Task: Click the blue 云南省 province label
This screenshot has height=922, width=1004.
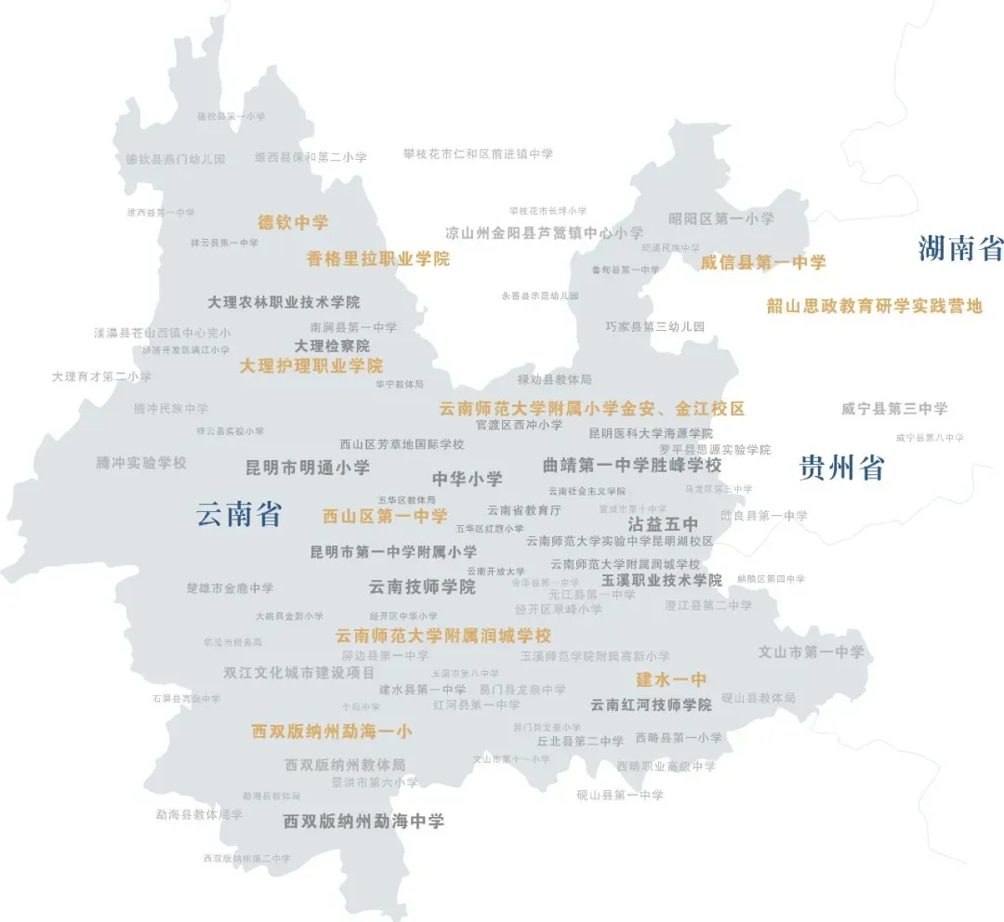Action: [x=239, y=514]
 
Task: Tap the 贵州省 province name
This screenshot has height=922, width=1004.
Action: [x=841, y=468]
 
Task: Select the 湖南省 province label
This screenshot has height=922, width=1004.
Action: [x=960, y=248]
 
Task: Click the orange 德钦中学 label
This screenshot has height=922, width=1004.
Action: [x=293, y=222]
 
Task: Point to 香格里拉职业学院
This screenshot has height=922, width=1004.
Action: [x=378, y=259]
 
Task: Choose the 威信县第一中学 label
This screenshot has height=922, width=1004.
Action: [x=763, y=263]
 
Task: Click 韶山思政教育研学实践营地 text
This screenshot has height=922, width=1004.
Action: [x=874, y=306]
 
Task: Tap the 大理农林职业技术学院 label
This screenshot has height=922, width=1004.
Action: [x=284, y=302]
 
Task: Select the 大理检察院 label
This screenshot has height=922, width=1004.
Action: [x=332, y=346]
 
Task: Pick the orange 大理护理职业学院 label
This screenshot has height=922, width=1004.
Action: [x=311, y=366]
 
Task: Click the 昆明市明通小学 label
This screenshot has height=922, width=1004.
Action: [x=308, y=468]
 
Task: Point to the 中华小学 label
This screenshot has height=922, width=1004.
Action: [x=467, y=480]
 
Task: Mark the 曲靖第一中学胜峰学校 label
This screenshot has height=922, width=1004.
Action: [x=632, y=465]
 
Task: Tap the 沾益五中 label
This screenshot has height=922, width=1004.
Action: [x=664, y=524]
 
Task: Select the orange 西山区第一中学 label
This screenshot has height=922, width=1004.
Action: [x=385, y=516]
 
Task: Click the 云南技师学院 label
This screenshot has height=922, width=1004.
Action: [x=422, y=587]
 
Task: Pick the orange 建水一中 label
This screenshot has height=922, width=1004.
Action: [x=671, y=679]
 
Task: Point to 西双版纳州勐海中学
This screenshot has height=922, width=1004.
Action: [x=363, y=822]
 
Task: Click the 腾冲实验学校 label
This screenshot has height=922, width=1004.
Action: [x=141, y=463]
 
